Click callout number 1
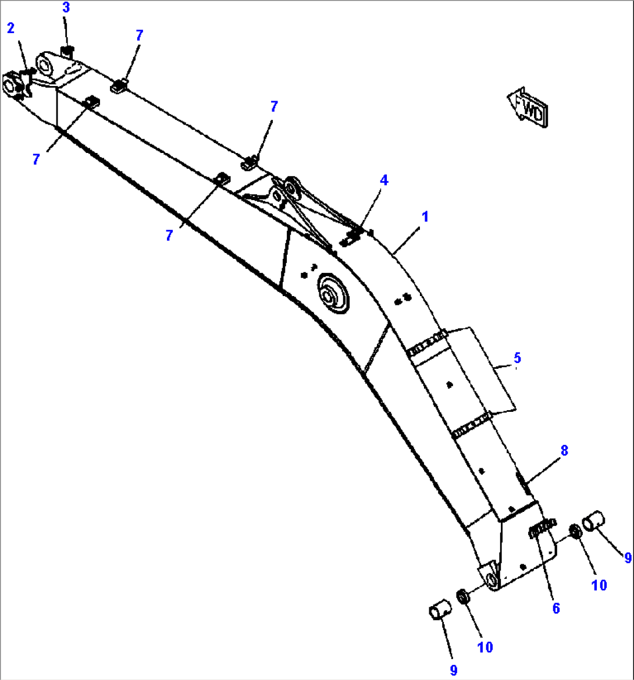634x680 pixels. click(x=425, y=217)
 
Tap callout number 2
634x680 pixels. click(x=11, y=28)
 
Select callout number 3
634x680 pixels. click(x=66, y=8)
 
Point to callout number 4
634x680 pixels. click(x=384, y=180)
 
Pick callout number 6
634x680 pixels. click(x=556, y=608)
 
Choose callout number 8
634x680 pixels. click(x=564, y=450)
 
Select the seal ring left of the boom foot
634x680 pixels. click(x=464, y=596)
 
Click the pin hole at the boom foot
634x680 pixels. click(x=490, y=579)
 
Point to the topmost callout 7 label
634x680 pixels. click(x=139, y=35)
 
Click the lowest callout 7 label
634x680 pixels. click(x=169, y=236)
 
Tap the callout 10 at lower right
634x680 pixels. click(x=599, y=585)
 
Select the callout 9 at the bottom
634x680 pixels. click(x=453, y=670)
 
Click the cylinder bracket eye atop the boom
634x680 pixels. click(x=290, y=186)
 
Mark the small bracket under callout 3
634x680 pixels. click(x=66, y=52)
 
